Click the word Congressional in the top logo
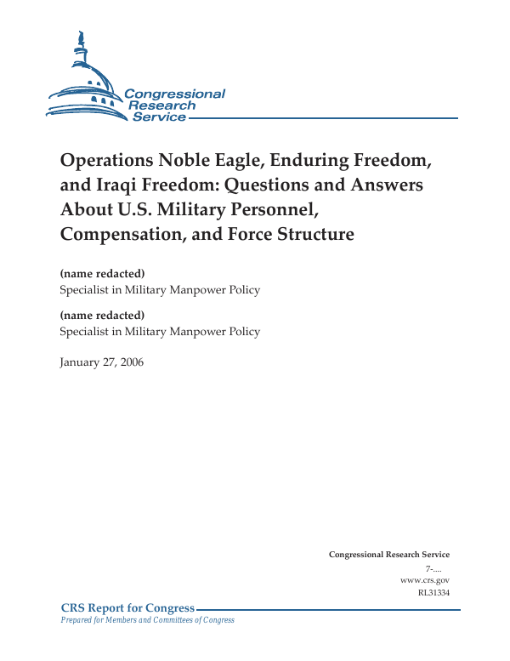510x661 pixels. tap(174, 94)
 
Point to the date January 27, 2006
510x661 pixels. tap(102, 362)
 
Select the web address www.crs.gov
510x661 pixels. tap(424, 579)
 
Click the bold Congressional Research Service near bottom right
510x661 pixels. tap(389, 555)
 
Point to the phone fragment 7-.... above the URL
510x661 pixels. tap(437, 567)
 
